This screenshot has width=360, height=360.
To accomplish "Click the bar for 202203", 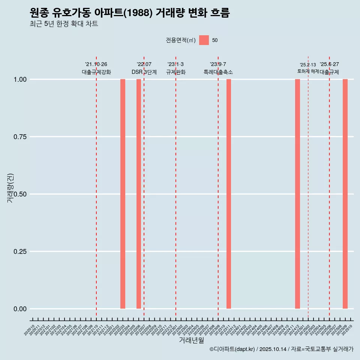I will [x=123, y=194].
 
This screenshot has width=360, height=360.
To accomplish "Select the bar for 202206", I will [x=139, y=194].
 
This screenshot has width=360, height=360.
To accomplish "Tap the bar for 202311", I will [x=229, y=194].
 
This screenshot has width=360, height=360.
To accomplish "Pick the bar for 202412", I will [x=297, y=194].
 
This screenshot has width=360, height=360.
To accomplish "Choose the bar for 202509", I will [x=345, y=194].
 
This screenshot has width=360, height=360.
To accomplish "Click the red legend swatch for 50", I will [x=204, y=40].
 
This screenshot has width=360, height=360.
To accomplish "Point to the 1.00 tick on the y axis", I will [x=20, y=79].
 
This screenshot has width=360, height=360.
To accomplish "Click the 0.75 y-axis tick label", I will [x=20, y=137].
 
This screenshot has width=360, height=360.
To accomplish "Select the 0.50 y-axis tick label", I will [x=20, y=194].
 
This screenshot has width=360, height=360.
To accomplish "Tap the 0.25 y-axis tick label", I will [x=20, y=252].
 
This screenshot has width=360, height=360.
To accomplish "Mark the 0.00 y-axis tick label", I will [x=20, y=309].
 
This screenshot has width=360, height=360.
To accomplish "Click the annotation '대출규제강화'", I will [x=96, y=72].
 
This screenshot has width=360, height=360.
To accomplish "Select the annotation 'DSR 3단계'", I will [x=144, y=72].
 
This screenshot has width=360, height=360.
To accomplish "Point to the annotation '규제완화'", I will [x=176, y=72].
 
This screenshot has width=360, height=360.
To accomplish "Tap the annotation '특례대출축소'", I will [x=218, y=72].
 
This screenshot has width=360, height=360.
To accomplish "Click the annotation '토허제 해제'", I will [x=308, y=71].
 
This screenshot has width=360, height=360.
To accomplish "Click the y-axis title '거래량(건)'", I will [x=10, y=188].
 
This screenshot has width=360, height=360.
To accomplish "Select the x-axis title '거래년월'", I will [x=191, y=340].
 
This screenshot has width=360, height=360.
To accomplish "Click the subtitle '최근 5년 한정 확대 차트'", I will [x=64, y=24].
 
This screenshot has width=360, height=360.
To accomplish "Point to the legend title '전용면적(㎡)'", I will [x=181, y=40].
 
